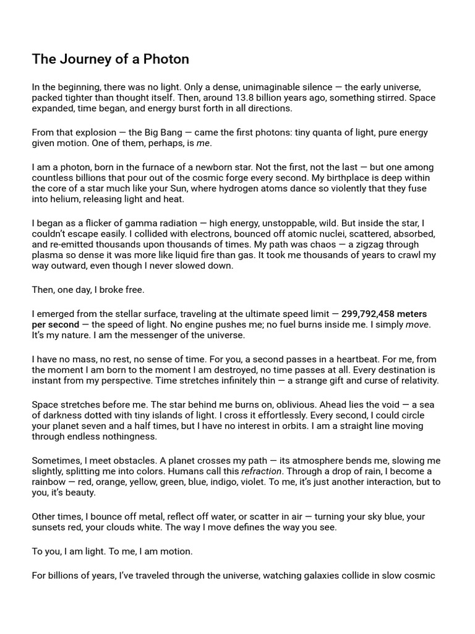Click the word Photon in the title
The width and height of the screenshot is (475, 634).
(x=167, y=59)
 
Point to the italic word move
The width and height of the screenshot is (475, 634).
(x=417, y=325)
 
